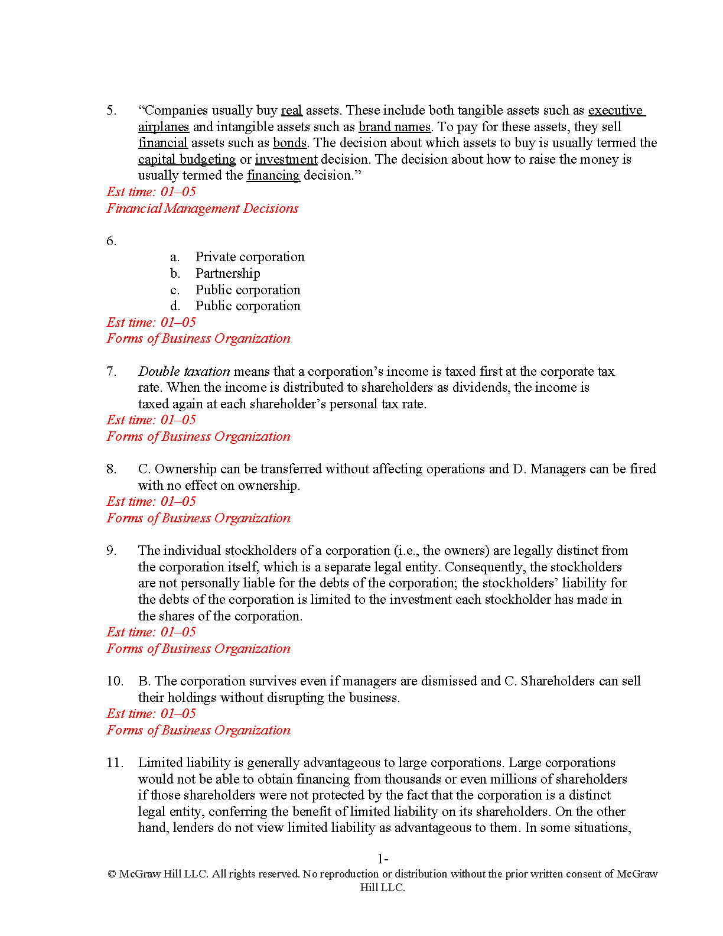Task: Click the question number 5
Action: [x=111, y=110]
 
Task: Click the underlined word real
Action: [x=291, y=110]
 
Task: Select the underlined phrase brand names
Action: [x=395, y=127]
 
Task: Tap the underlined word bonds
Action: [x=289, y=143]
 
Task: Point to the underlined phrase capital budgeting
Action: [x=187, y=160]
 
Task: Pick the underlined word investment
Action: [x=286, y=160]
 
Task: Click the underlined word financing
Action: [x=273, y=175]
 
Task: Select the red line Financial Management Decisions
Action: [x=202, y=209]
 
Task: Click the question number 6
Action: [x=111, y=241]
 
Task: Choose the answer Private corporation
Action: [x=250, y=257]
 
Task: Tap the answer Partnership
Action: [x=227, y=274]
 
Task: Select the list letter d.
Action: [x=175, y=306]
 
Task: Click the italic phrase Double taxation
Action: [x=184, y=372]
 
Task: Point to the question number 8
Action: [x=111, y=469]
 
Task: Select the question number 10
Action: [x=115, y=681]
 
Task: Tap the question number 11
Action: [x=115, y=763]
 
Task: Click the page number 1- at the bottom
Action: [x=382, y=859]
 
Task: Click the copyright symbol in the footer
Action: [x=112, y=875]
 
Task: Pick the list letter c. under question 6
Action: [x=175, y=290]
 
